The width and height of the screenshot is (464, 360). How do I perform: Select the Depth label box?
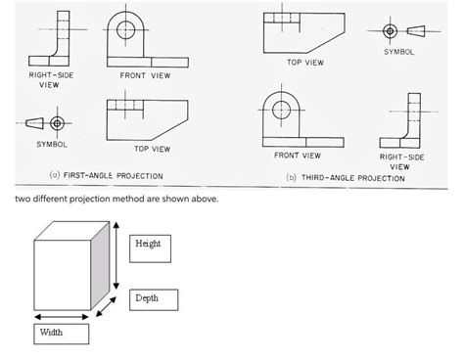(153, 297)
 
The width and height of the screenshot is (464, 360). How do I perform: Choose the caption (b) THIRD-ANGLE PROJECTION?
(344, 178)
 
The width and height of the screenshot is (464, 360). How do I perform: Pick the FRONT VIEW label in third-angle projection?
(298, 156)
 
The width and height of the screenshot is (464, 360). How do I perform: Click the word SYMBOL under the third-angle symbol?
(399, 52)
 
